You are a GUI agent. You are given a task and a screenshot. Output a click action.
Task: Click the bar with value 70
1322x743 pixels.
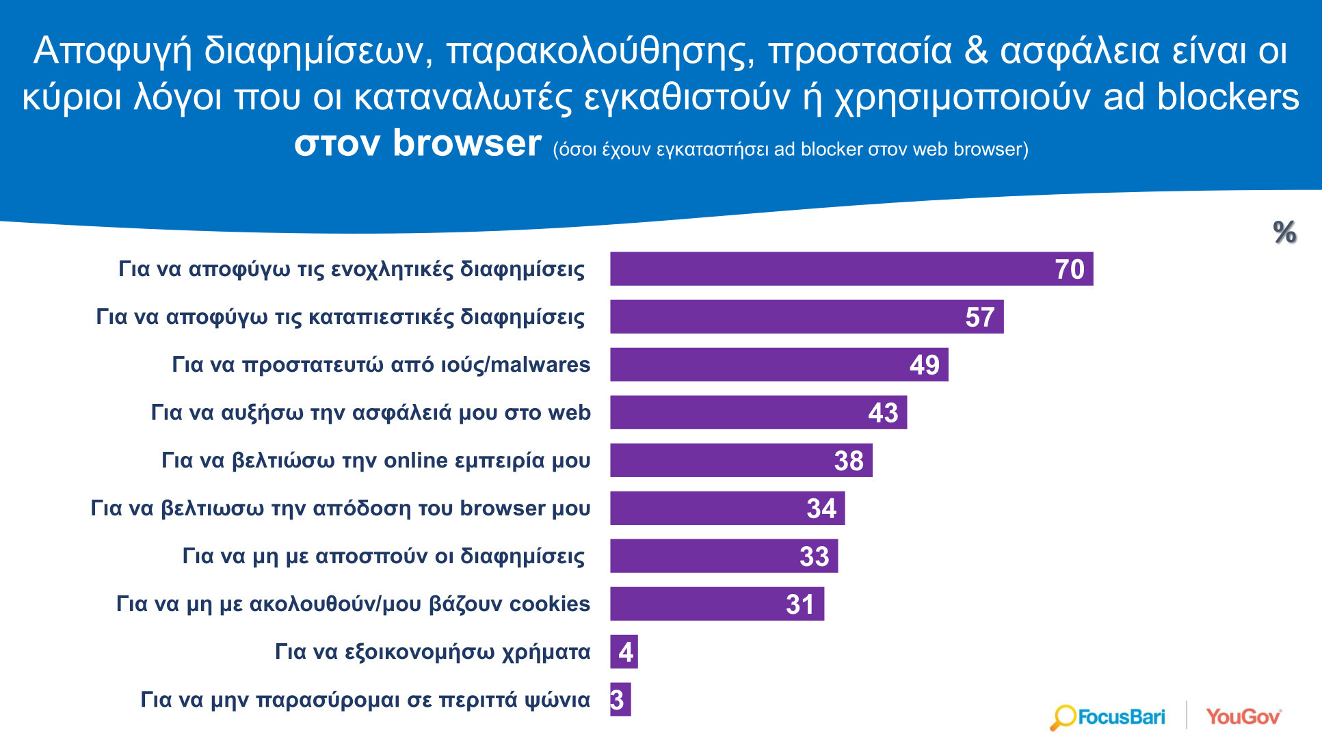coord(851,269)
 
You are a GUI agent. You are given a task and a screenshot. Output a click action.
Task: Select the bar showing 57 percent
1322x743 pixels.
coord(806,316)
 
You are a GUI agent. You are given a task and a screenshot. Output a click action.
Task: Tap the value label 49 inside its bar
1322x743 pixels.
coord(924,365)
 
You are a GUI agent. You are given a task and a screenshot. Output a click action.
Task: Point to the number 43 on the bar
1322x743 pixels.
coord(882,413)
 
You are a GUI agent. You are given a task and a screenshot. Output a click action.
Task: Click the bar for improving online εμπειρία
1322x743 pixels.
coord(741,460)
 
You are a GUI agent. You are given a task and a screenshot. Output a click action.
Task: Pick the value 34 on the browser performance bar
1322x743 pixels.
coord(821,509)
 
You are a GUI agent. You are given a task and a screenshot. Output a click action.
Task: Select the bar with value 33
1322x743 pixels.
coord(724,556)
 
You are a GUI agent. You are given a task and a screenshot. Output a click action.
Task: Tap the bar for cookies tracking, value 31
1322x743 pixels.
coord(717,604)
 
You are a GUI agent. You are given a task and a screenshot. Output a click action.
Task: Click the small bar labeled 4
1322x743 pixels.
coord(624,651)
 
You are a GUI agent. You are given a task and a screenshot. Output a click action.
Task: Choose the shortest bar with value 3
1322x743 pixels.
coord(620,699)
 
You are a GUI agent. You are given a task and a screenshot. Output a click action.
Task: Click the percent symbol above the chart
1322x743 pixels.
coord(1284,232)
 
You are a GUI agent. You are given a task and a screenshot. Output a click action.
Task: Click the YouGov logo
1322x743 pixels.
coord(1243,717)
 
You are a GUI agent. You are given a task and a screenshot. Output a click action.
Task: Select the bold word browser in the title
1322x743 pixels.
coord(466,144)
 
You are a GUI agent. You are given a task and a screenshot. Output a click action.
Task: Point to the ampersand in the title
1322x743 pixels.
coord(976,51)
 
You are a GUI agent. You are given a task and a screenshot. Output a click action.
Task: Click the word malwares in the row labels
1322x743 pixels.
coord(540,365)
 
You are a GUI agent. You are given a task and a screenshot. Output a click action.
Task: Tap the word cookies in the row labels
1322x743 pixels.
coord(549,604)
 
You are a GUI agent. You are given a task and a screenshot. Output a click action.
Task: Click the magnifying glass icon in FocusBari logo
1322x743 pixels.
coord(1063,718)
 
